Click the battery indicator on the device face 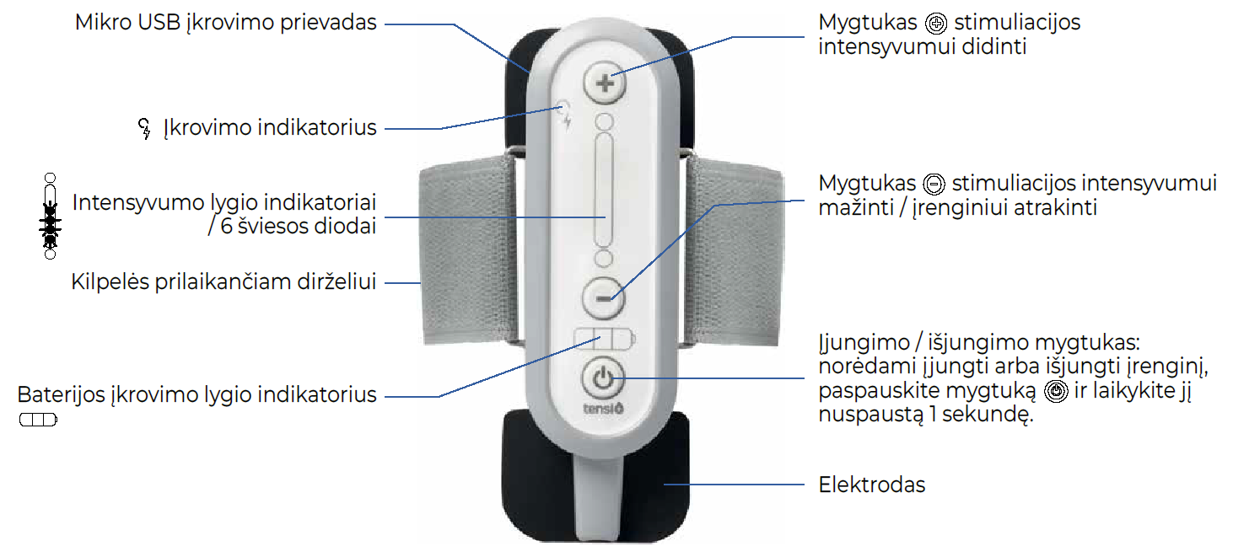[x=604, y=339]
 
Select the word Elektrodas [x=872, y=485]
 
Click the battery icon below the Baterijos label [x=38, y=419]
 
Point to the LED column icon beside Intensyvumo [x=50, y=216]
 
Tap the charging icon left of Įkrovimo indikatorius [x=144, y=129]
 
